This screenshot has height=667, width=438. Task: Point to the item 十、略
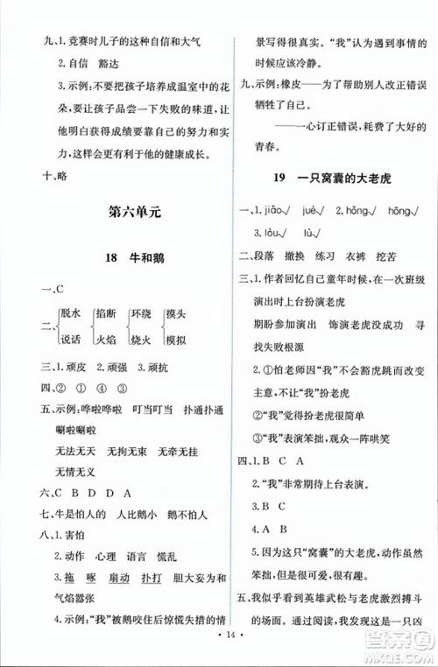click(39, 172)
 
